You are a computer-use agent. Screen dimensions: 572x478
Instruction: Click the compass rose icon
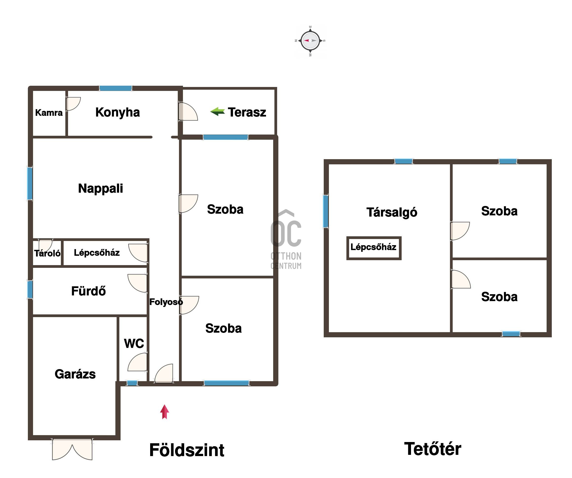point(310,41)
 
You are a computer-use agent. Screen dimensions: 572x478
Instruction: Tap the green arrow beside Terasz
point(218,111)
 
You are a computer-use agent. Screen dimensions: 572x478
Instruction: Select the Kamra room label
point(49,112)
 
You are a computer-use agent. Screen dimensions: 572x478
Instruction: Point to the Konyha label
point(117,112)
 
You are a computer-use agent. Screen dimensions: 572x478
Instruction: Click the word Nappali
point(101,189)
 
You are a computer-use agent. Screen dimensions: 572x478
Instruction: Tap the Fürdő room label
point(89,291)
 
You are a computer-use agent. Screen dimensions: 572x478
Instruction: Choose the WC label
point(134,343)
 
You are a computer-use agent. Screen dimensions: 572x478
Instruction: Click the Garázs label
point(75,374)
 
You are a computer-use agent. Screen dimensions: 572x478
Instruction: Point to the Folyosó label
point(166,302)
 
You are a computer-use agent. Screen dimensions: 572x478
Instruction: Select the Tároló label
point(47,254)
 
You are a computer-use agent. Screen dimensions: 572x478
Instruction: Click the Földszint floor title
point(187,450)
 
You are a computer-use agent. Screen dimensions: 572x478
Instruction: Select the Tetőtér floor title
point(432,449)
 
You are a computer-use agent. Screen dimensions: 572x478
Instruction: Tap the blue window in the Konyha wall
point(115,88)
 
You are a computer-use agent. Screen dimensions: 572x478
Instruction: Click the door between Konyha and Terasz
point(188,111)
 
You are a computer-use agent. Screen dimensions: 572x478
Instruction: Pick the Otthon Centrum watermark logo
point(286,239)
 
